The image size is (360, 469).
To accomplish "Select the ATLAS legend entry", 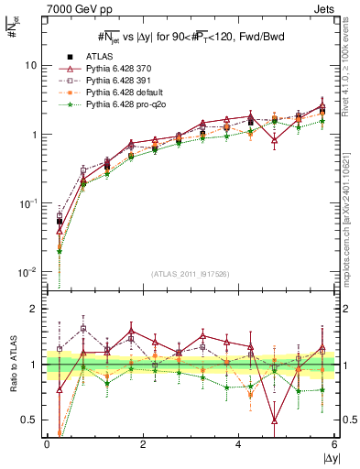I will point(98,57).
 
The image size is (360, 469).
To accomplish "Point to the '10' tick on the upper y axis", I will point(30,66).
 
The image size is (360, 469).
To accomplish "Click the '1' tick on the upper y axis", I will point(34,135).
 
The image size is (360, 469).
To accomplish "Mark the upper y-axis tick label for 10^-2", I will point(28,272).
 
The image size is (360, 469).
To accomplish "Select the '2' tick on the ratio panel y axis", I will point(34,309).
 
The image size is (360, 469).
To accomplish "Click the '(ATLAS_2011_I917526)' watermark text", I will point(190,274).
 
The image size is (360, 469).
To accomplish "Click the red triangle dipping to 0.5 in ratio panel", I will point(275,420).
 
